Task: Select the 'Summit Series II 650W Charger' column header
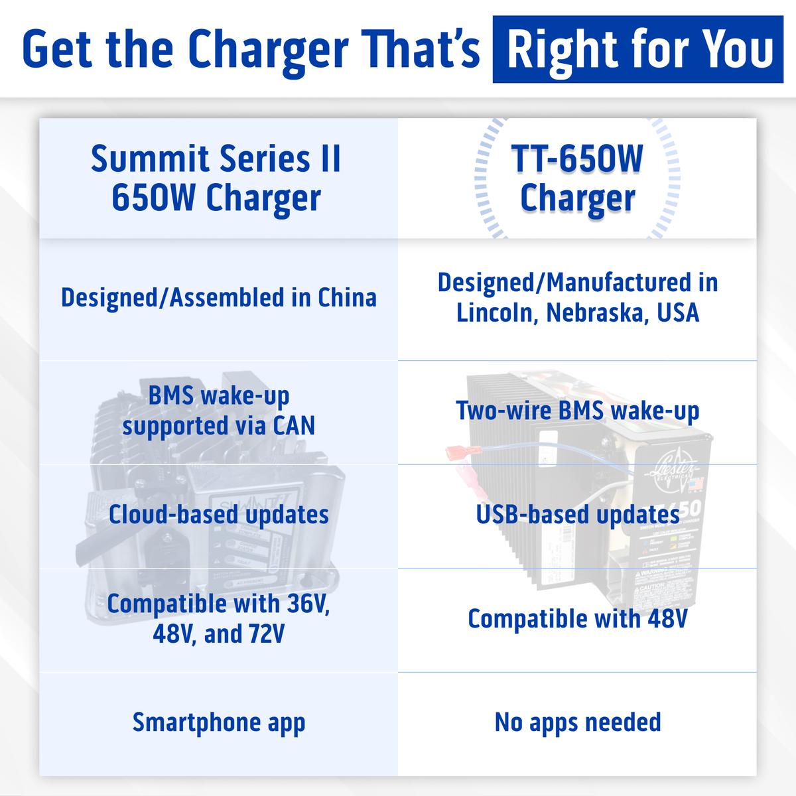[x=216, y=178]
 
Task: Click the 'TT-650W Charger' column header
[x=577, y=178]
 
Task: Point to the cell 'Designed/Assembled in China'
[x=218, y=298]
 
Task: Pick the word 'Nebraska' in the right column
[x=595, y=312]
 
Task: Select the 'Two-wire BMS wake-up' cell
[x=578, y=411]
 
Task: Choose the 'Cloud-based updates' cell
[x=218, y=515]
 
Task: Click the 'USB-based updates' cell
[x=578, y=515]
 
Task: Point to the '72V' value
[x=265, y=634]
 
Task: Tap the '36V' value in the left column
[x=307, y=604]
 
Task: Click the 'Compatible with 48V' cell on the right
[x=578, y=619]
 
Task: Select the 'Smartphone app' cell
[x=218, y=723]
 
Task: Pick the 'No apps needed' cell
[x=578, y=722]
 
